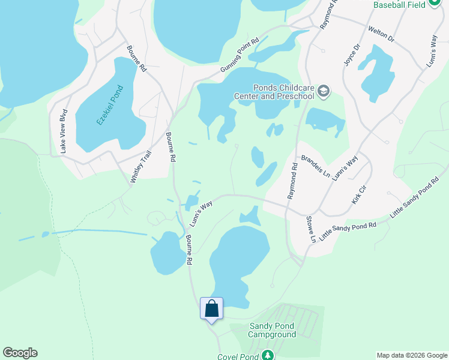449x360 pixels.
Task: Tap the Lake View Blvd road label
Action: click(x=64, y=131)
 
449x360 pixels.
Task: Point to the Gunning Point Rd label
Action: click(x=239, y=55)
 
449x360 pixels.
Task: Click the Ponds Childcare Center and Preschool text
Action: click(x=275, y=91)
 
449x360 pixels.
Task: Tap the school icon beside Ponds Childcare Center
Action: click(x=324, y=91)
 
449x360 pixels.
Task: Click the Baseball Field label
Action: click(x=399, y=5)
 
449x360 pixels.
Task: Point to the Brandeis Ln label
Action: click(x=316, y=166)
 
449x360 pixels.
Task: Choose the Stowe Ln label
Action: click(x=310, y=230)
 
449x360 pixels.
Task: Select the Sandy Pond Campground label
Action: click(x=273, y=331)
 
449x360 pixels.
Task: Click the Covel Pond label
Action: click(x=238, y=356)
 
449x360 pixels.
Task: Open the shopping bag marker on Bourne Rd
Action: click(x=211, y=309)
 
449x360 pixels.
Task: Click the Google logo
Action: click(x=20, y=353)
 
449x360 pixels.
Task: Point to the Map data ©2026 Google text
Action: click(x=412, y=355)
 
